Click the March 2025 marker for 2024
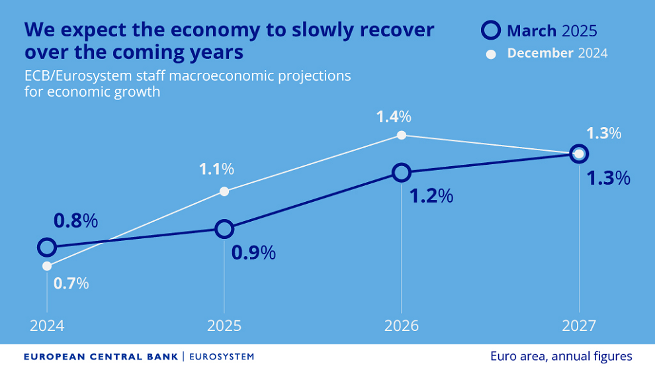[46, 248]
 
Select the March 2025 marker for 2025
[224, 229]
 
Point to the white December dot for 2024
[46, 266]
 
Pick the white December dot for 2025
[224, 191]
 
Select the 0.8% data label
[75, 221]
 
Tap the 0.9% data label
[253, 253]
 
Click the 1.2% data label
[431, 196]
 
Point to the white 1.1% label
[216, 169]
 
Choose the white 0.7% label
[71, 283]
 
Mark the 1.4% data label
[394, 117]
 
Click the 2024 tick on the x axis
[46, 326]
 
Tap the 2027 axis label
[579, 326]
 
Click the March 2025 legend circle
[491, 30]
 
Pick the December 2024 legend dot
[491, 54]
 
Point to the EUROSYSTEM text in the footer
[222, 357]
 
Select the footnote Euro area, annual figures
[561, 356]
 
